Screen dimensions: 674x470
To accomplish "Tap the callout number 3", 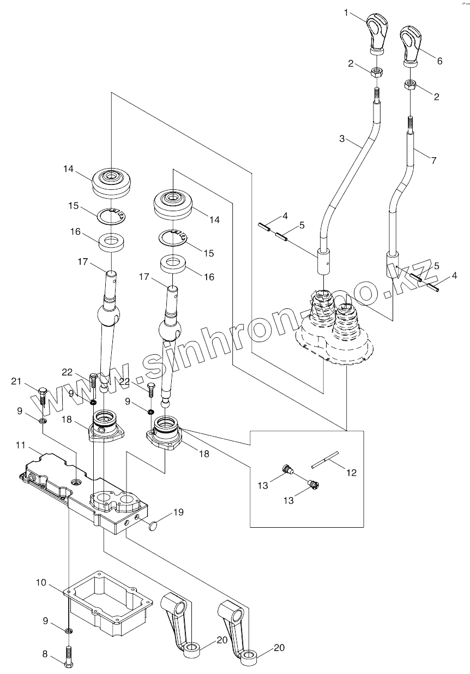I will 342,139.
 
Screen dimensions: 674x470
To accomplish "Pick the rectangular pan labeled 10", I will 109,603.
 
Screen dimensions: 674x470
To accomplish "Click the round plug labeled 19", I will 153,526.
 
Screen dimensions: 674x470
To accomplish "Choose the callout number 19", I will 178,512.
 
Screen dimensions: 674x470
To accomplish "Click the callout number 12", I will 351,473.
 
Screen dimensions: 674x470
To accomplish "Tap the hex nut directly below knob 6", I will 410,85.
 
